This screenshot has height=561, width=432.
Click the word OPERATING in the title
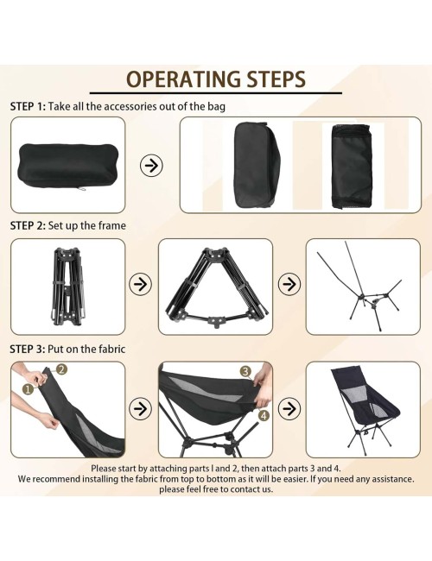coord(183,79)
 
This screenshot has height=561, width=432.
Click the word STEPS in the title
coord(276,79)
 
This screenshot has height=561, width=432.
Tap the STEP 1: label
coord(28,107)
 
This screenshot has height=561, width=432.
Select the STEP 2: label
coord(28,226)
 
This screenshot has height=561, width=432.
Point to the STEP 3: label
coord(28,349)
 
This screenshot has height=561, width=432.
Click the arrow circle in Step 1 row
coord(151,166)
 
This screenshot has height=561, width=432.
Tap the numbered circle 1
coord(28,389)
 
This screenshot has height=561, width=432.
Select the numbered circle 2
coord(61,369)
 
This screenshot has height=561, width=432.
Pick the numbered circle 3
coord(245,371)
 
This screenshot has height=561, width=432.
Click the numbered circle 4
coord(264,416)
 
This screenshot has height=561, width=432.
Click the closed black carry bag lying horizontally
coord(68,166)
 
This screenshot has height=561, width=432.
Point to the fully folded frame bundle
coord(68,287)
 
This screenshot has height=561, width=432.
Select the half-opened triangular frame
coord(216,287)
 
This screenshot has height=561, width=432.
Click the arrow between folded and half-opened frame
coord(141,285)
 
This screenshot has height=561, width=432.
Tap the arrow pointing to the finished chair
coord(289,408)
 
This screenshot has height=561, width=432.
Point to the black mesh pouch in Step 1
coord(352,166)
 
